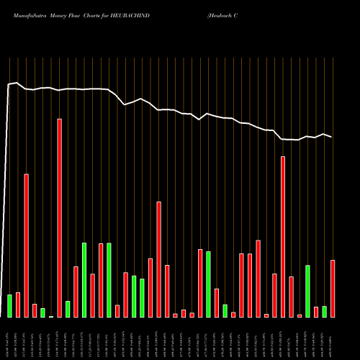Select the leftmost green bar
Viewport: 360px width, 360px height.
(x=9, y=305)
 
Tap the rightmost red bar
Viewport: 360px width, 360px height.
(x=333, y=288)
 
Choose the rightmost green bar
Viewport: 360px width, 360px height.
(x=324, y=311)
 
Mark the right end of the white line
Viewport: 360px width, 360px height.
(x=332, y=137)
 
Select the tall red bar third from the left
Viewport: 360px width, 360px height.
(x=26, y=245)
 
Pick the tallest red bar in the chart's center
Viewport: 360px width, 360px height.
(x=158, y=259)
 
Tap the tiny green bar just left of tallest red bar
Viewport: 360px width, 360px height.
(x=51, y=316)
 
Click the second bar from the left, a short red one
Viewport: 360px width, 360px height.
(x=18, y=305)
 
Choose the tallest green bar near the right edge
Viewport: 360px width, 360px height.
(x=307, y=291)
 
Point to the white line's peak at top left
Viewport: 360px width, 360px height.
(x=16, y=82)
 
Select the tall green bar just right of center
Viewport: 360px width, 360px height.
(x=208, y=284)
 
